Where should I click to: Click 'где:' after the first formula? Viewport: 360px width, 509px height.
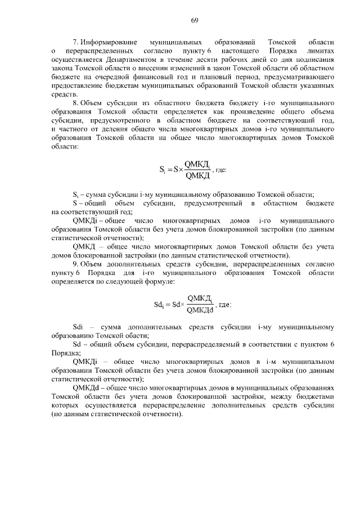221,170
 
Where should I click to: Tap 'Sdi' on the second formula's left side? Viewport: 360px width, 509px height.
159,304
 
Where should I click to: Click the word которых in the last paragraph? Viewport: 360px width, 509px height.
65,406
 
